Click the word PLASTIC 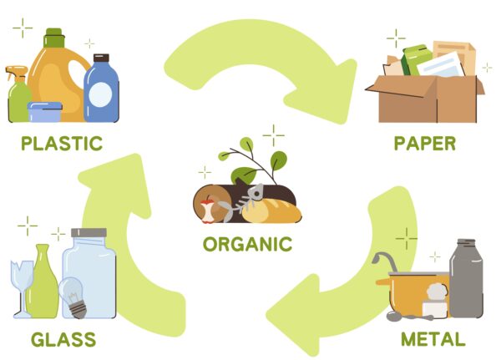62,144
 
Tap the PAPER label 425,144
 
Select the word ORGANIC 248,244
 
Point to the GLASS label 63,340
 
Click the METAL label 433,339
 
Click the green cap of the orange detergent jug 53,38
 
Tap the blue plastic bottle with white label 101,89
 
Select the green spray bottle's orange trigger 16,72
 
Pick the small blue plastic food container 45,112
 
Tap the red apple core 207,211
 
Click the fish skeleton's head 256,193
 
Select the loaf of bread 272,211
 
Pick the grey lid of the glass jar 89,233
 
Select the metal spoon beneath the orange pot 409,317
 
